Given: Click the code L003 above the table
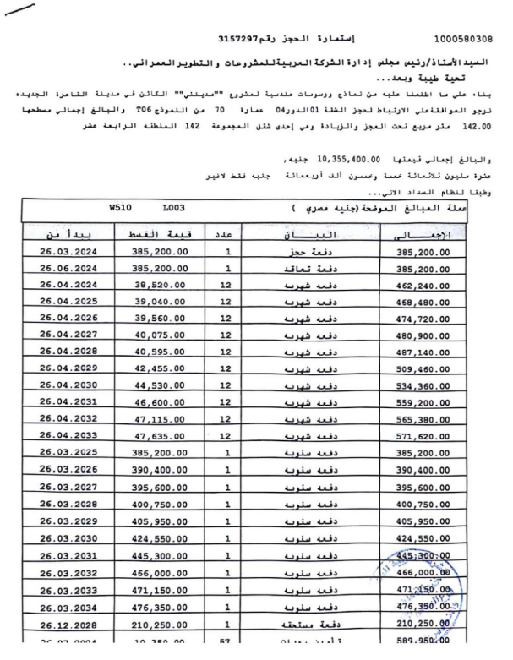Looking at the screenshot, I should pyautogui.click(x=173, y=207).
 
